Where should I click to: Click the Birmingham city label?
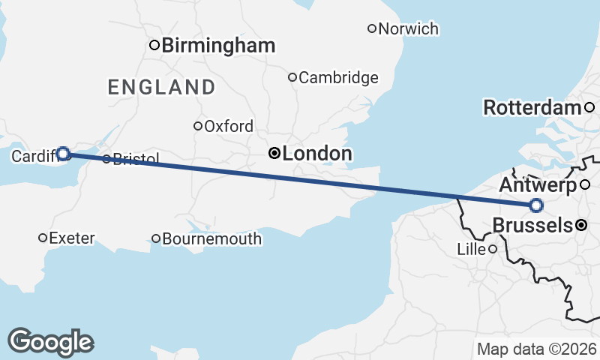pyautogui.click(x=218, y=45)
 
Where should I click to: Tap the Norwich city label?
pyautogui.click(x=409, y=29)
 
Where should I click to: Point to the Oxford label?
pyautogui.click(x=229, y=126)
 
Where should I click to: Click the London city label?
pyautogui.click(x=317, y=154)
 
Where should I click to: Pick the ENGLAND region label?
pyautogui.click(x=161, y=87)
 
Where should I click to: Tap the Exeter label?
pyautogui.click(x=72, y=238)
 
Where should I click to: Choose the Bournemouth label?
pyautogui.click(x=212, y=239)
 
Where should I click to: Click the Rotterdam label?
pyautogui.click(x=532, y=107)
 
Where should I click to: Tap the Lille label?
pyautogui.click(x=471, y=249)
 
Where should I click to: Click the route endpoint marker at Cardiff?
pyautogui.click(x=64, y=154)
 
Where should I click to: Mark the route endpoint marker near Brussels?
pyautogui.click(x=536, y=205)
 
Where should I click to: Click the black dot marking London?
pyautogui.click(x=274, y=154)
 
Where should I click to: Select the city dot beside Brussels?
pyautogui.click(x=581, y=224)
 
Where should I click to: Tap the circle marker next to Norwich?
pyautogui.click(x=371, y=29)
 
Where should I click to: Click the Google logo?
pyautogui.click(x=51, y=342)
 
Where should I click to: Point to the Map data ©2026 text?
pyautogui.click(x=537, y=349)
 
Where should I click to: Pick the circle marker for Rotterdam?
pyautogui.click(x=589, y=107)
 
